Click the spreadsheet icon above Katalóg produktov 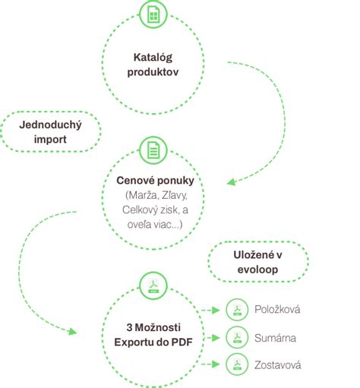tap(153, 14)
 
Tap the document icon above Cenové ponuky tap(153, 150)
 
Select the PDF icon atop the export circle tap(153, 286)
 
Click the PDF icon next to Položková tap(237, 310)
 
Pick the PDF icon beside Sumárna tap(237, 337)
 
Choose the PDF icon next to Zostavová tap(237, 364)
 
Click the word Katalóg tap(153, 58)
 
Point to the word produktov tap(153, 72)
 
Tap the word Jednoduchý tap(50, 125)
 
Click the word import tap(50, 140)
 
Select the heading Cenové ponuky tap(155, 181)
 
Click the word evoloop tap(257, 270)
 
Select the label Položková tap(277, 310)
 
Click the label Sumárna tap(275, 338)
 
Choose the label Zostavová tap(278, 365)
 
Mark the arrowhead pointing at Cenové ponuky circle tap(231, 182)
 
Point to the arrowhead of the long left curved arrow tap(73, 332)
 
